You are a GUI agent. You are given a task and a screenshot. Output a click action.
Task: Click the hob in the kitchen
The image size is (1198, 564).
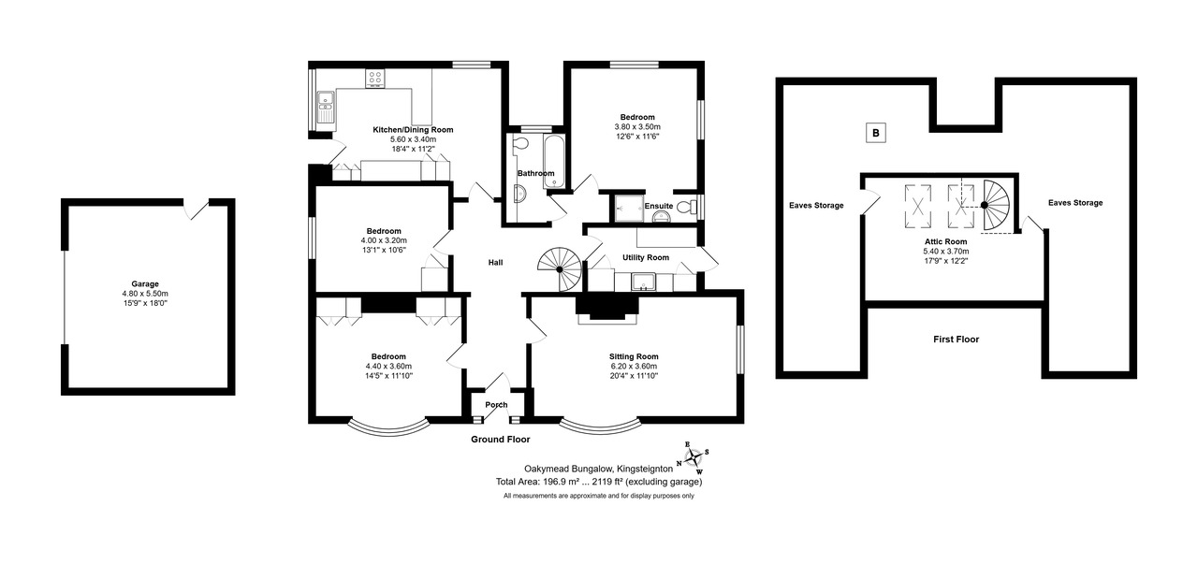tap(375, 79)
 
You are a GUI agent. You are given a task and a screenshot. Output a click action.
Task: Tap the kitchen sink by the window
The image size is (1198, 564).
tap(325, 107)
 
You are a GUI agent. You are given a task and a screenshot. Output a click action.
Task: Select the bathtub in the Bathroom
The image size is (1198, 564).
tap(554, 162)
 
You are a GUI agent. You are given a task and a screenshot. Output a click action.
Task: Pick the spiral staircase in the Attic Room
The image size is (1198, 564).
tap(997, 206)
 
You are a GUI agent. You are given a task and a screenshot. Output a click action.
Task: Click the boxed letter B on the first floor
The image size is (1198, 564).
tap(875, 133)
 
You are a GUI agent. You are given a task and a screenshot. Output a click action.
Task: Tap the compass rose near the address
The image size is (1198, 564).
tap(694, 457)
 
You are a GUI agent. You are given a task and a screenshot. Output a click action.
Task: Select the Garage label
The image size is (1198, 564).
tap(145, 284)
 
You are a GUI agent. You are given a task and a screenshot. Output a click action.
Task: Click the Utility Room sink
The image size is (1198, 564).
tap(643, 282)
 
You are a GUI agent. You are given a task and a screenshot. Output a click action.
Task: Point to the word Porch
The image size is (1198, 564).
tap(496, 405)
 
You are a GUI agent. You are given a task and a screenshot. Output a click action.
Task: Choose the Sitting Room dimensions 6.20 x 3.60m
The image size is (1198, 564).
tap(634, 367)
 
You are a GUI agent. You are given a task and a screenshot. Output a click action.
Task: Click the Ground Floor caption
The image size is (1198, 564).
tap(500, 440)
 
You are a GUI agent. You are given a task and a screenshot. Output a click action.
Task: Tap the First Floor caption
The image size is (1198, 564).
tap(957, 339)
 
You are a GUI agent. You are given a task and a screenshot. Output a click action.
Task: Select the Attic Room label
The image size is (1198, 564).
tap(945, 241)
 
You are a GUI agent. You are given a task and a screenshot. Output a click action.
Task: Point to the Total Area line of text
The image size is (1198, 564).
tap(599, 482)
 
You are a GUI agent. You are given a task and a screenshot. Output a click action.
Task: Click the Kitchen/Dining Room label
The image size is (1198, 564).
tap(413, 129)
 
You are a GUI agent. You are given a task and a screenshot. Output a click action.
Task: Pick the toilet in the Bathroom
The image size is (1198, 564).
tap(519, 143)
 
